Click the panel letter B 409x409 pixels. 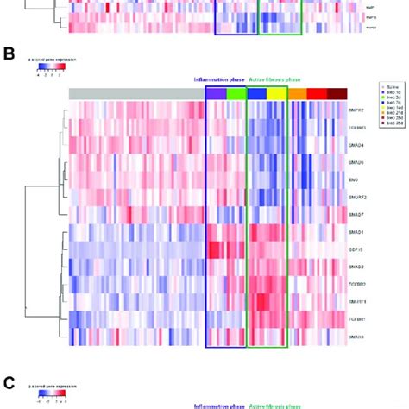tap(10, 54)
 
